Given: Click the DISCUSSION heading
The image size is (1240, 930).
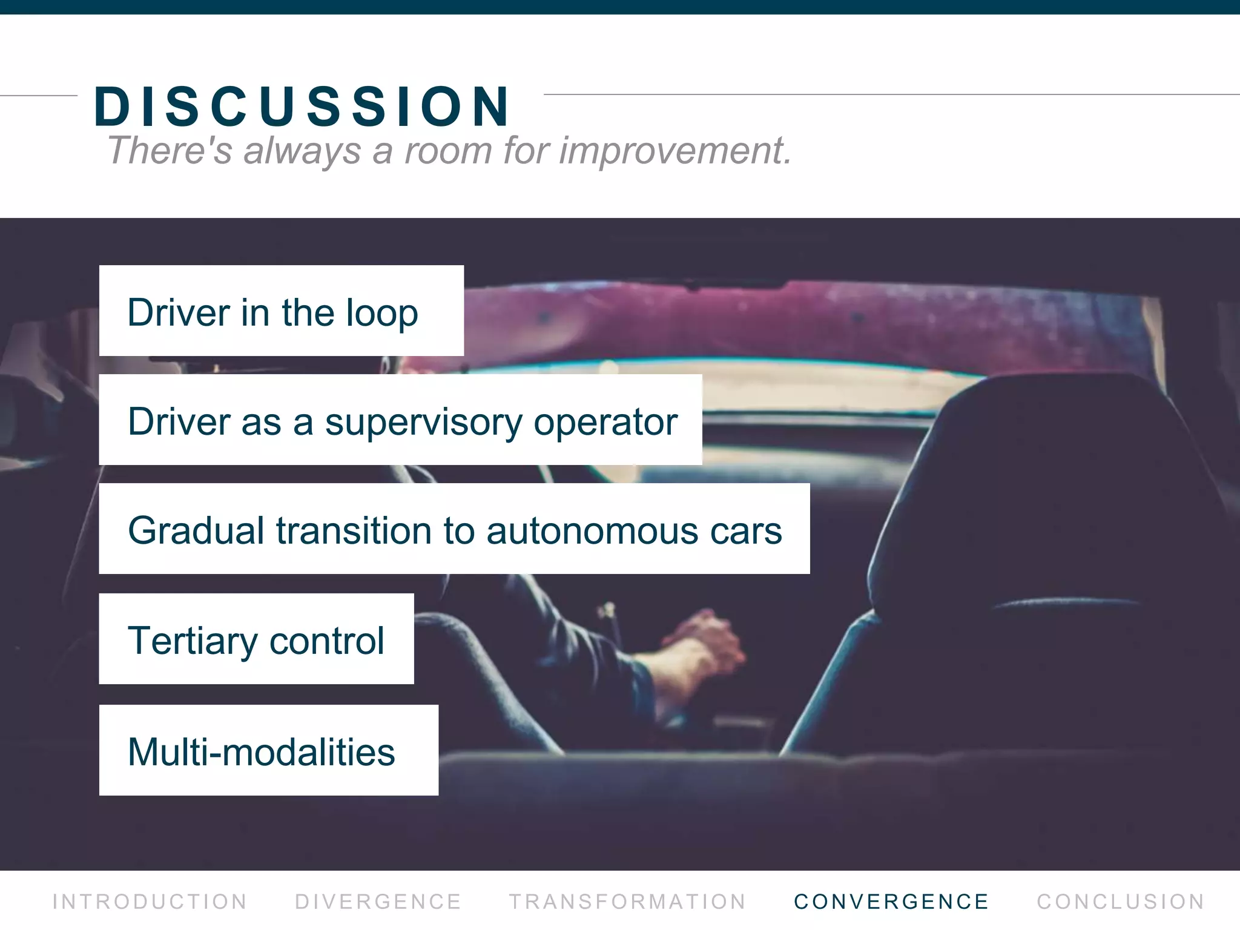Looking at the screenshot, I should click(x=302, y=107).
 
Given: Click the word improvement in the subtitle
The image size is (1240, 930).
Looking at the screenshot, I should click(x=674, y=150).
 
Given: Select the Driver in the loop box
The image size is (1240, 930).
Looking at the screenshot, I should click(x=281, y=311).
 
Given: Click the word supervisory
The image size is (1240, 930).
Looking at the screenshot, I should click(x=423, y=422).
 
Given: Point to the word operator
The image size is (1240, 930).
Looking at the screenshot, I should click(x=605, y=422).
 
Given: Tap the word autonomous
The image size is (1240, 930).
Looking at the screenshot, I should click(x=592, y=531).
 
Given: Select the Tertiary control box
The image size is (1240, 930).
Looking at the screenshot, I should click(x=256, y=639).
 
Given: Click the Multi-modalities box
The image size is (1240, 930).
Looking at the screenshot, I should click(x=268, y=751).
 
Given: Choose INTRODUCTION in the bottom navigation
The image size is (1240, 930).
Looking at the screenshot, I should click(x=150, y=902).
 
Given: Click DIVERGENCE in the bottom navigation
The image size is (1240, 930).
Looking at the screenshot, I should click(x=378, y=902).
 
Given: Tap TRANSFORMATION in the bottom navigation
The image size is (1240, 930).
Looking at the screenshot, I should click(x=627, y=902).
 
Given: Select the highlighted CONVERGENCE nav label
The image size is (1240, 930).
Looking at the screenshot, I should click(x=891, y=902).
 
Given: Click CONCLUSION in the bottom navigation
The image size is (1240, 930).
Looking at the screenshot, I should click(x=1121, y=902).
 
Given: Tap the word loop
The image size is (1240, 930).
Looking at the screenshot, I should click(x=381, y=314).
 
